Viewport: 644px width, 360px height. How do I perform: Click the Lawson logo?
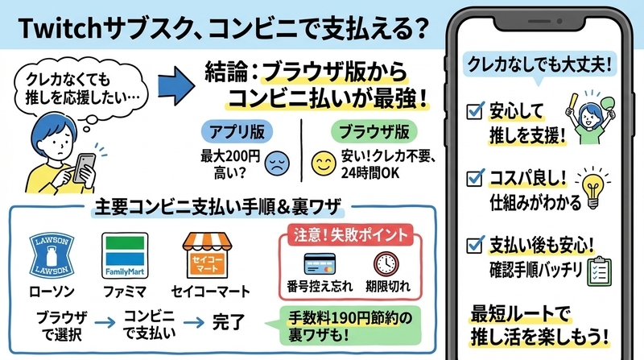click(52, 255)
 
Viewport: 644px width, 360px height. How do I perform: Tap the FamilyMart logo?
click(125, 255)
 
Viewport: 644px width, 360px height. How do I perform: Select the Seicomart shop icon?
click(208, 254)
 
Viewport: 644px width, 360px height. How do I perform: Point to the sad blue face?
click(277, 163)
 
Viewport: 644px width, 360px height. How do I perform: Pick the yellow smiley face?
click(324, 163)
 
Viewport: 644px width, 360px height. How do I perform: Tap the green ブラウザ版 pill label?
click(374, 132)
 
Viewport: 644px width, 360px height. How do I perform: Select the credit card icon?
click(320, 264)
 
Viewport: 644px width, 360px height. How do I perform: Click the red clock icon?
click(386, 264)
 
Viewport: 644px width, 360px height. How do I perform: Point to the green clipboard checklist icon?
click(600, 271)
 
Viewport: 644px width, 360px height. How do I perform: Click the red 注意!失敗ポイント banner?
click(350, 234)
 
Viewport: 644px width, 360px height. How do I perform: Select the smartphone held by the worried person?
click(84, 168)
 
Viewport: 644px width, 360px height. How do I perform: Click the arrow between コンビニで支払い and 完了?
click(194, 323)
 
